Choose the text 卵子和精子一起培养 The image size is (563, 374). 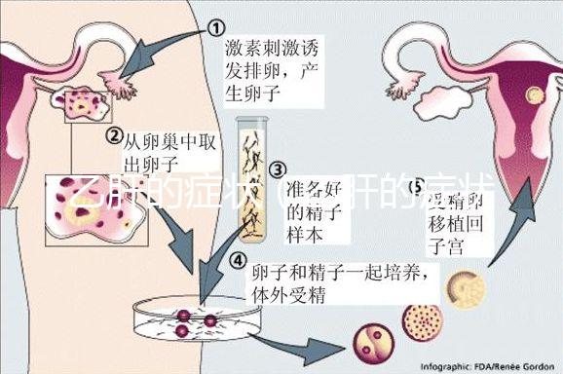(x=336, y=273)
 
